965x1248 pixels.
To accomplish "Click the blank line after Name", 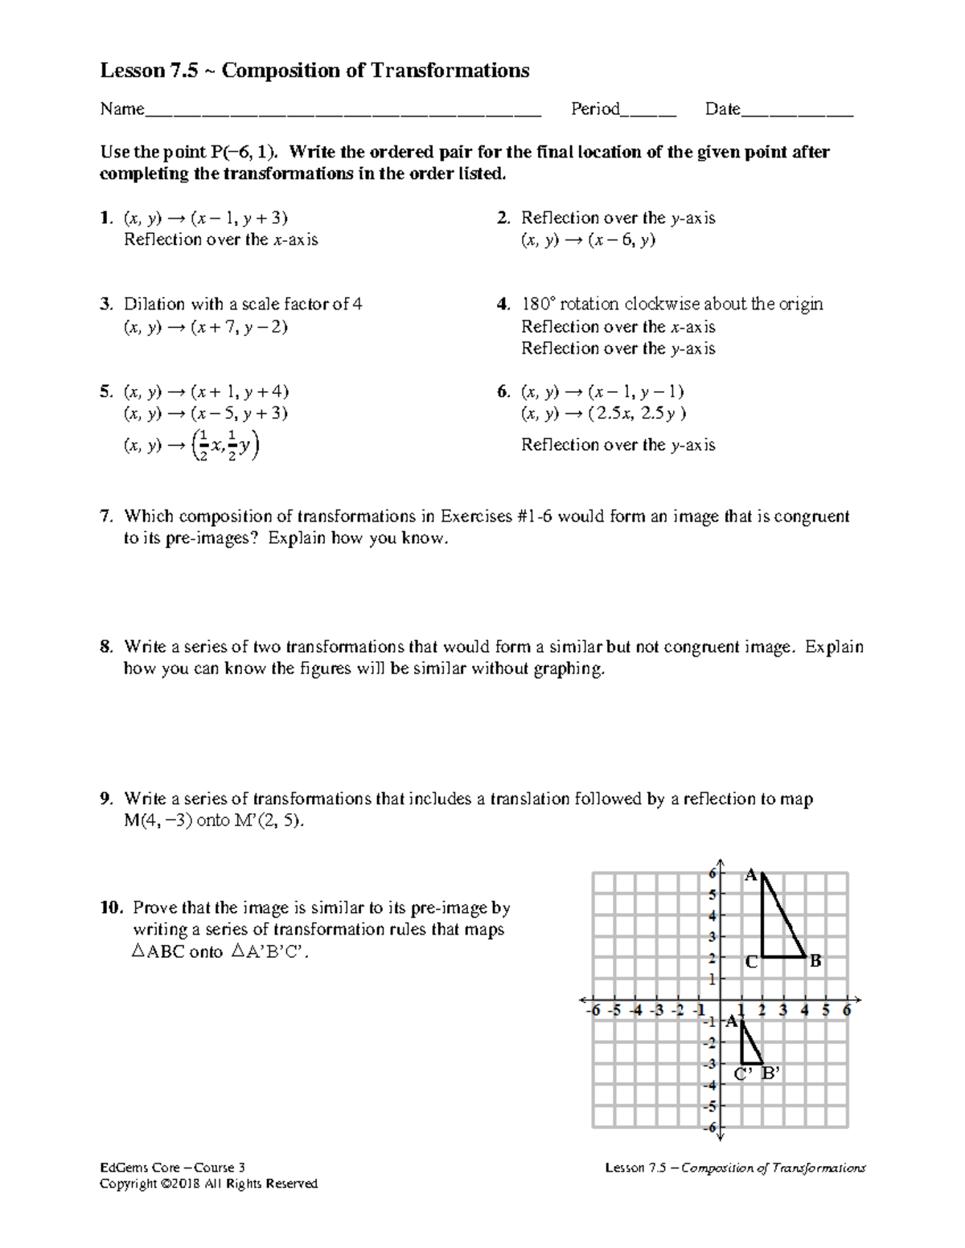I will point(343,111).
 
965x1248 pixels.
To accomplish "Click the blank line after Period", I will point(648,111).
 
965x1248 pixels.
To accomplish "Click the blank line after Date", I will point(796,111).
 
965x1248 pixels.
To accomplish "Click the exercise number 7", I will point(105,517).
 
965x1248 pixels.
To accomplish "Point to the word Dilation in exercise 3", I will point(154,305).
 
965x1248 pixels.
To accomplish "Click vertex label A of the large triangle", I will point(749,875).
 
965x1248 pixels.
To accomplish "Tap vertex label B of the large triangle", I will point(815,961).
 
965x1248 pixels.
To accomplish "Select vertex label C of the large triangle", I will point(750,962).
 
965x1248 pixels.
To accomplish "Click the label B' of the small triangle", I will point(770,1074).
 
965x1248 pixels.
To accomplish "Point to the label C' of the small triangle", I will point(744,1074).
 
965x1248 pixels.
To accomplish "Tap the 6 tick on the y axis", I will point(712,873).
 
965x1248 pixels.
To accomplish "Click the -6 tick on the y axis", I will point(709,1127).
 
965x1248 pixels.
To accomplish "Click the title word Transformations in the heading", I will point(450,71).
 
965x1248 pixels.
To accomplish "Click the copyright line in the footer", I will point(208,1184).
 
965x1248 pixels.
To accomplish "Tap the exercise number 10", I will point(111,908).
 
